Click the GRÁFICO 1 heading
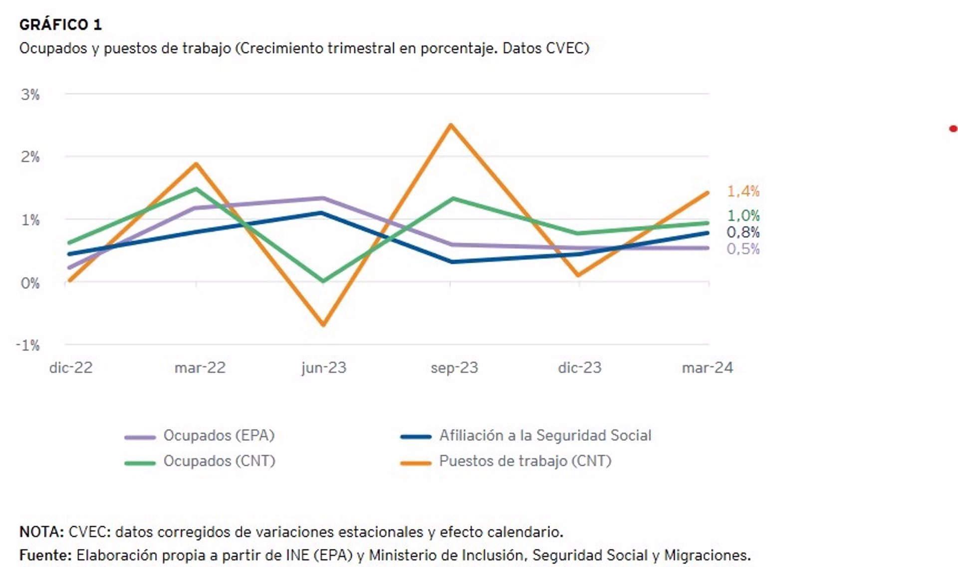60,24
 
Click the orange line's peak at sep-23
451,125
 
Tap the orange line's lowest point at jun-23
324,325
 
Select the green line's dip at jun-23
324,281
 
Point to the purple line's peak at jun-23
323,198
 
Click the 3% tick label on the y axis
30,95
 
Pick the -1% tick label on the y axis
28,345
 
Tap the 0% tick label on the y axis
30,283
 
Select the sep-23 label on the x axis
454,368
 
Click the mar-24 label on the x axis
707,368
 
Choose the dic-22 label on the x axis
71,368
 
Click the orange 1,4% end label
743,191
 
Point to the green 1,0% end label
743,216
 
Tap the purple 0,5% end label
743,249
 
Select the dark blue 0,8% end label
743,232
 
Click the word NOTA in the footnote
41,532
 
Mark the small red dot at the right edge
953,129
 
